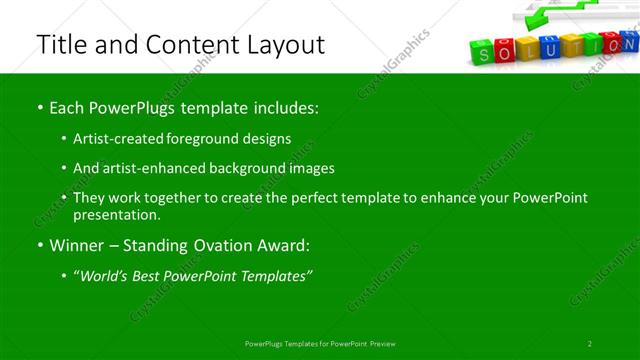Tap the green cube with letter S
[x=483, y=53]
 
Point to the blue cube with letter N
[x=631, y=44]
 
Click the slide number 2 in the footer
[x=590, y=344]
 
